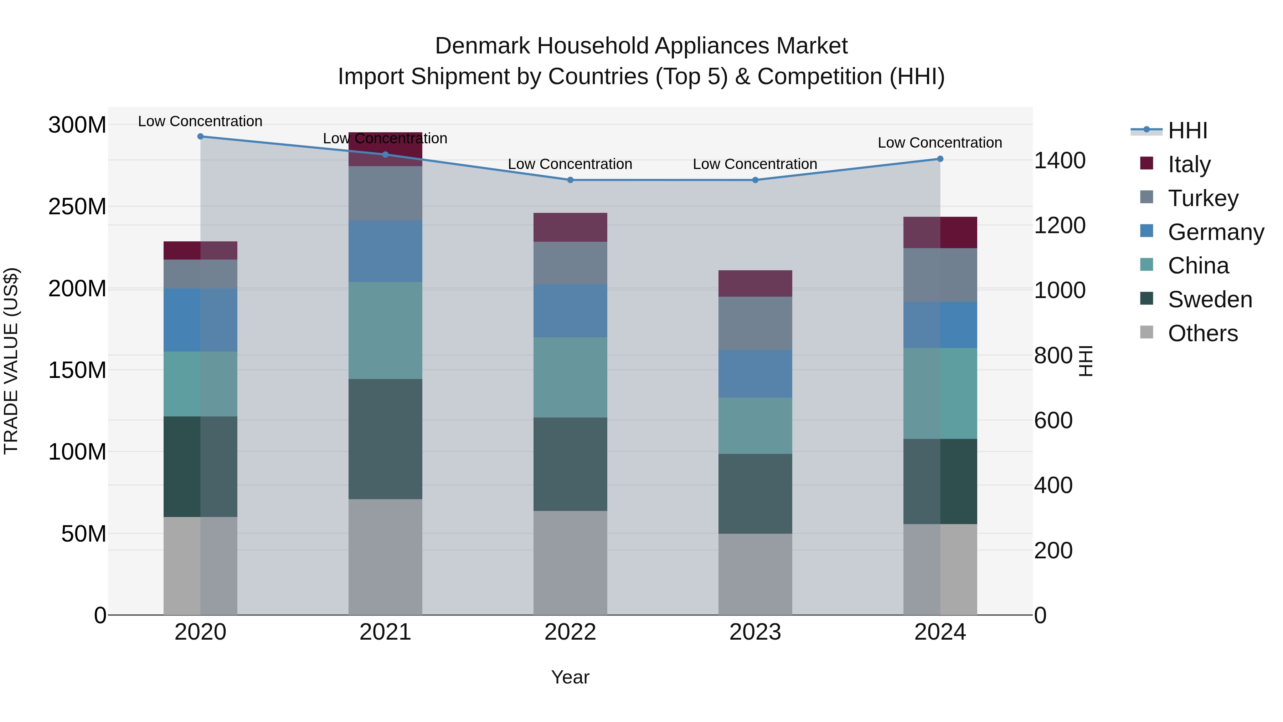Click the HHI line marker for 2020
[x=200, y=137]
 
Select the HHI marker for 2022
[x=570, y=180]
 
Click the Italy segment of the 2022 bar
[x=570, y=227]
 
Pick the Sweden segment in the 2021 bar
[x=385, y=439]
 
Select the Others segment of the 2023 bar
[x=755, y=574]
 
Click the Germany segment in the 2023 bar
[x=755, y=373]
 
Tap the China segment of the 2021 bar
[x=385, y=331]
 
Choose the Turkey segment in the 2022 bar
[x=570, y=263]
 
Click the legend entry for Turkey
[x=1202, y=198]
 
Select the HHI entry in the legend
[x=1187, y=130]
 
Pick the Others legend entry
[x=1202, y=333]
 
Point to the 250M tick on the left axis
[x=77, y=206]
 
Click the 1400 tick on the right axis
[x=1060, y=160]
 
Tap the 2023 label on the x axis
[x=755, y=632]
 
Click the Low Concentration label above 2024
[x=939, y=143]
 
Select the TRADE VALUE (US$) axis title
[x=11, y=361]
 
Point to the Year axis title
[x=570, y=677]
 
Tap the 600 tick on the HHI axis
[x=1053, y=421]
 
